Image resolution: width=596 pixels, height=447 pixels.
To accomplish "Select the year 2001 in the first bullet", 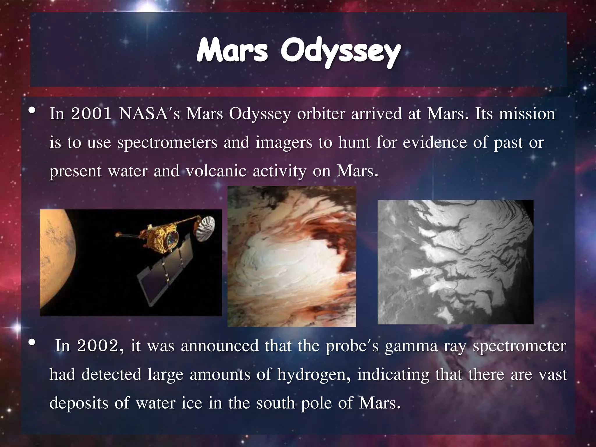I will click(91, 114).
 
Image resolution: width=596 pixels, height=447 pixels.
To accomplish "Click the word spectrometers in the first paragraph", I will click(167, 143).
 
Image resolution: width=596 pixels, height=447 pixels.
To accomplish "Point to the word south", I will click(276, 403).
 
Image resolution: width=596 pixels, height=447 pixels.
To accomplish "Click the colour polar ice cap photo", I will click(291, 256).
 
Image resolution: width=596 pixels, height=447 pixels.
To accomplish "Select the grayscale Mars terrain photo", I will click(455, 262).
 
